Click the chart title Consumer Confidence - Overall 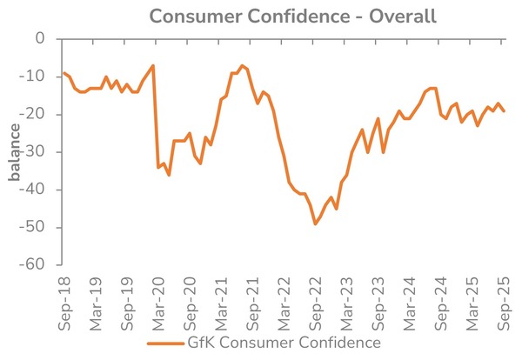pyautogui.click(x=292, y=17)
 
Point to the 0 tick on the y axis pyautogui.click(x=38, y=39)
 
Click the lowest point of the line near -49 pyautogui.click(x=315, y=223)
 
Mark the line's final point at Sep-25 pyautogui.click(x=505, y=110)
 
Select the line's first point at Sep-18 pyautogui.click(x=64, y=73)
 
